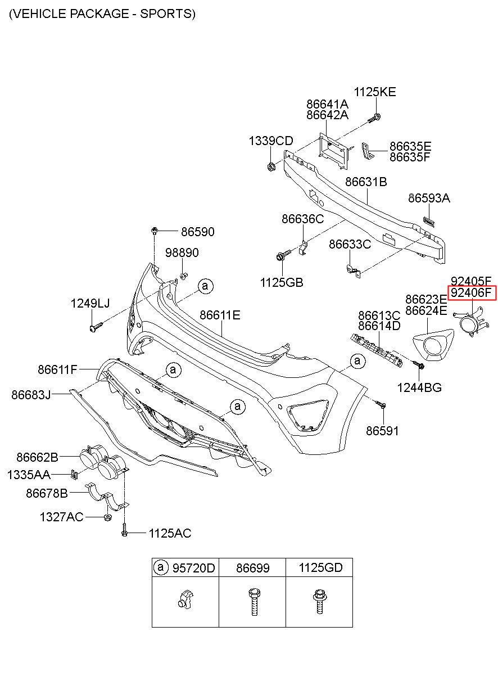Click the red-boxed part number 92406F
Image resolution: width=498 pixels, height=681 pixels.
tap(470, 293)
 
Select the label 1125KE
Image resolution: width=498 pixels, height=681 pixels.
tap(375, 92)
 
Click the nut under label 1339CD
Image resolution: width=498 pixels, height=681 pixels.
tap(271, 166)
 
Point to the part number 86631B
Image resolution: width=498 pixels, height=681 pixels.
tap(366, 182)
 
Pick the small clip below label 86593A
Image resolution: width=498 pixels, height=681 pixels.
tap(429, 222)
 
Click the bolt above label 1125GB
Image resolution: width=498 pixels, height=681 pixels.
tap(283, 255)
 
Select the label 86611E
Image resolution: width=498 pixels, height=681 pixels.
tap(220, 315)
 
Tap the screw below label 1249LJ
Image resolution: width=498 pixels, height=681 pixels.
tap(96, 327)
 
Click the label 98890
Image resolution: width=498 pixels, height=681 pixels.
tap(182, 252)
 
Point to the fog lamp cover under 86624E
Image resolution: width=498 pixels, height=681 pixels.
tap(433, 345)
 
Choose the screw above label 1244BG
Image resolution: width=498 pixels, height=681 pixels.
tap(418, 364)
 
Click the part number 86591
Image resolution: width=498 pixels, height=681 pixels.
tap(382, 431)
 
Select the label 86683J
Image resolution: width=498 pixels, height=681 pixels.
tap(31, 395)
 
